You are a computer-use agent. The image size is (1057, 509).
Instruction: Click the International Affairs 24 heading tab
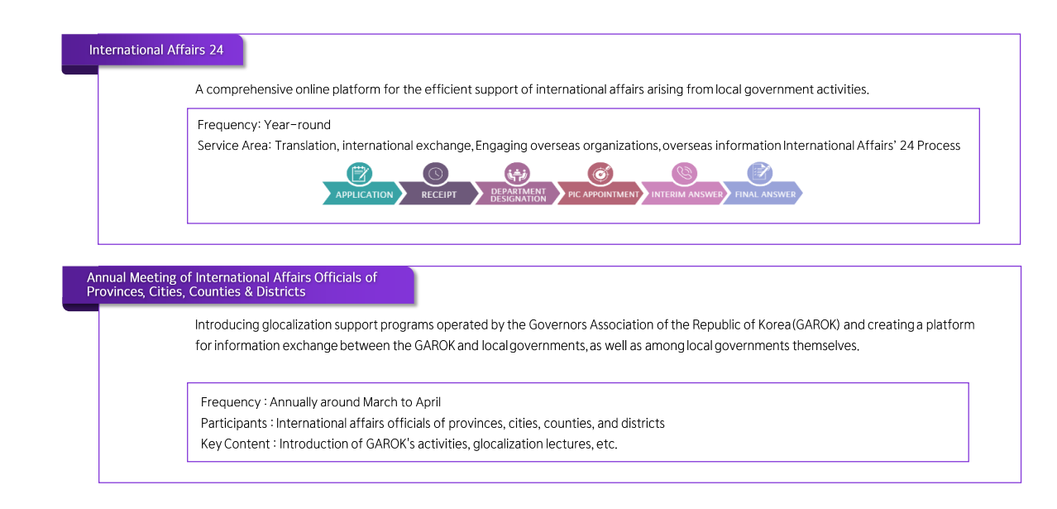pyautogui.click(x=152, y=50)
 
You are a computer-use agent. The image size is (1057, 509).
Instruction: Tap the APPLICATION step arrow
pyautogui.click(x=362, y=194)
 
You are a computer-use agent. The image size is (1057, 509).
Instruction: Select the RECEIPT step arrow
pyautogui.click(x=438, y=194)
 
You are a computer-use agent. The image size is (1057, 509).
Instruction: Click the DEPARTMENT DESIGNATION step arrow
pyautogui.click(x=517, y=194)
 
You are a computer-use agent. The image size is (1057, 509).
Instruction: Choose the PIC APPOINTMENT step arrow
pyautogui.click(x=600, y=194)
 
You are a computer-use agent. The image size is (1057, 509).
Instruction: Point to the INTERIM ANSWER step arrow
pyautogui.click(x=683, y=194)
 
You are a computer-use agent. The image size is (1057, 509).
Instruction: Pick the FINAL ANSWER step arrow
pyautogui.click(x=763, y=194)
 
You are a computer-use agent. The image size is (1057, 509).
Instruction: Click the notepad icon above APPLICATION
pyautogui.click(x=360, y=173)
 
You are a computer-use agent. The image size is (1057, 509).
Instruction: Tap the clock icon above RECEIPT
pyautogui.click(x=436, y=173)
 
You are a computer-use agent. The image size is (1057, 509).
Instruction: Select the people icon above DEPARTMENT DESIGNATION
pyautogui.click(x=517, y=173)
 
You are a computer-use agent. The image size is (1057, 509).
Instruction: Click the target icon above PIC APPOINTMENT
pyautogui.click(x=600, y=173)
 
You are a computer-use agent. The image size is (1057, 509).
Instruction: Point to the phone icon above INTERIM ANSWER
pyautogui.click(x=684, y=173)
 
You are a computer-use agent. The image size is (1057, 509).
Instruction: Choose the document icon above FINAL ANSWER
pyautogui.click(x=760, y=173)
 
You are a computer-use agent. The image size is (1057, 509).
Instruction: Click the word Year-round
pyautogui.click(x=297, y=125)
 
